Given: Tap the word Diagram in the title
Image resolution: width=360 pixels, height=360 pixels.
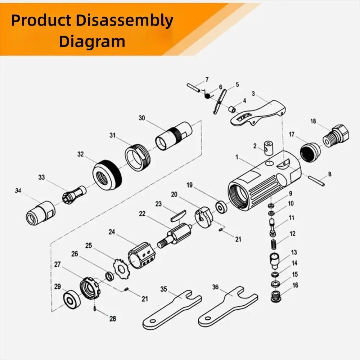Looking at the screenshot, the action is coord(92,41).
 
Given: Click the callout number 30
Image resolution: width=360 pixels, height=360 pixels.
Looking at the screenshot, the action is coord(142,118).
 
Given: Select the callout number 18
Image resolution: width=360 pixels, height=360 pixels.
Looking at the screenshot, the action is coord(313,121).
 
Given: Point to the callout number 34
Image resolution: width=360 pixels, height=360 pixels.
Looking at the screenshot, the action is coord(18,190).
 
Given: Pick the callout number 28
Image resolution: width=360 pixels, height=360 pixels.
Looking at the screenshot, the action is coord(112,319).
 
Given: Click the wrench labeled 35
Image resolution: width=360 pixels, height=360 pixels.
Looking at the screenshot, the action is coord(172,310).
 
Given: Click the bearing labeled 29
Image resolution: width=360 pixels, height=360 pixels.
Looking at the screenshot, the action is coord(72,299).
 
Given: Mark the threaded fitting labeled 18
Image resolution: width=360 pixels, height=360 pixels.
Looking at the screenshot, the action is coord(336,136).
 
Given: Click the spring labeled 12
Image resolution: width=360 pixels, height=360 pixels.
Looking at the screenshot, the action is coord(273,244).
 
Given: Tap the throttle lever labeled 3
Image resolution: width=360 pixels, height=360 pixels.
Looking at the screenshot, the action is coord(258,113).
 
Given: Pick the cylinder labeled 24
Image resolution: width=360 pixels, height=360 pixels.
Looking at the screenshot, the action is coord(141,255).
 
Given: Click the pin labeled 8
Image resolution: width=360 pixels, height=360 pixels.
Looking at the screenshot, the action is coord(316,181).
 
